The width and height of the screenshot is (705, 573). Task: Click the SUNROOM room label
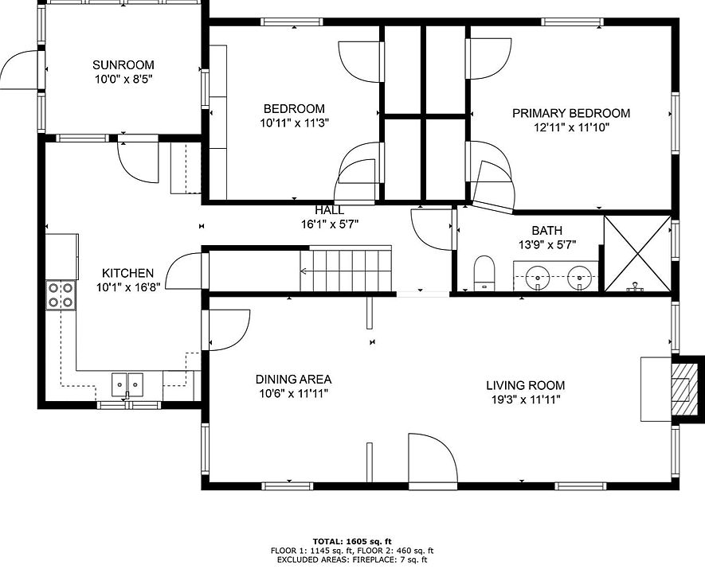pos(123,64)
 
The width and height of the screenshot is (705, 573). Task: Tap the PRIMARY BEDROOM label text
pos(571,113)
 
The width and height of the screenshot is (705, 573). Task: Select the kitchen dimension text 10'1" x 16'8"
pos(128,287)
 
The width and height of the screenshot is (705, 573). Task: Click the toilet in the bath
pos(484,273)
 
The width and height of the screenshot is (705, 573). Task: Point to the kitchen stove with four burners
pos(61,295)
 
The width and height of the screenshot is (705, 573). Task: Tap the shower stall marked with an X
pos(637,254)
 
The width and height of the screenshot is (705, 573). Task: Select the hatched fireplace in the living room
pos(681,389)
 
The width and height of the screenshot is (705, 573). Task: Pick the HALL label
pos(330,210)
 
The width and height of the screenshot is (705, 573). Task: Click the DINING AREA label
pos(294,380)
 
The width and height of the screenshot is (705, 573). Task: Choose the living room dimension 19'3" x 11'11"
pos(526,400)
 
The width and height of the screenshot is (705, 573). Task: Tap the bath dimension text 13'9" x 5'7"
pos(547,245)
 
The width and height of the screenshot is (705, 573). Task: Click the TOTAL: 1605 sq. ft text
pos(352,541)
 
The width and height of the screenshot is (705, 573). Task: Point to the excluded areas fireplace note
pos(352,559)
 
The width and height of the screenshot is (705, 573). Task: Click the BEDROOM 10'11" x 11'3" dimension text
pos(295,123)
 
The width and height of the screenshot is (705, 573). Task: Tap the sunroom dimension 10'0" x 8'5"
pos(123,80)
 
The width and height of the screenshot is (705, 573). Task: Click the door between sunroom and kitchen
pos(138,162)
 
